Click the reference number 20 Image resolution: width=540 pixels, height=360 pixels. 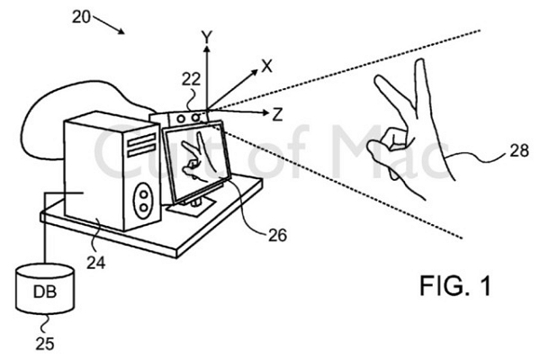[81, 17]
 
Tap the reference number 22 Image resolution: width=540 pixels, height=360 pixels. [191, 79]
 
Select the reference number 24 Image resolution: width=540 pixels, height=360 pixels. [96, 263]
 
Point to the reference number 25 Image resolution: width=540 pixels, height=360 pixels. [45, 344]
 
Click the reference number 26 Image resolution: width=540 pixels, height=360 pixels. [277, 235]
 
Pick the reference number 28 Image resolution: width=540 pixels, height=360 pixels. [519, 150]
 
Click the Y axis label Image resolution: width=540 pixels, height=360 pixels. [207, 37]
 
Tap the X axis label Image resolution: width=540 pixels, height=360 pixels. [267, 66]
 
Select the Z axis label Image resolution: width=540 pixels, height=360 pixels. [277, 114]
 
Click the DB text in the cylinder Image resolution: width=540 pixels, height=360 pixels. [45, 292]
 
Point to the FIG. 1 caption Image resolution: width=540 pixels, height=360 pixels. [455, 285]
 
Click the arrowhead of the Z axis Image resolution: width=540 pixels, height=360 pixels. [265, 112]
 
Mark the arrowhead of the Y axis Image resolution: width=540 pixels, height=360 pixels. [207, 49]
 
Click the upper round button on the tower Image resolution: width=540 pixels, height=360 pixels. [144, 194]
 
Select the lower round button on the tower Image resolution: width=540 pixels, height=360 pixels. [144, 207]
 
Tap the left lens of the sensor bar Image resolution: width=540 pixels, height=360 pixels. [182, 119]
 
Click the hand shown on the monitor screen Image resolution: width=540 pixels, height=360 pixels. [198, 157]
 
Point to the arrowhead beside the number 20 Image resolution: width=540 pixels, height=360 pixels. [121, 31]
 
